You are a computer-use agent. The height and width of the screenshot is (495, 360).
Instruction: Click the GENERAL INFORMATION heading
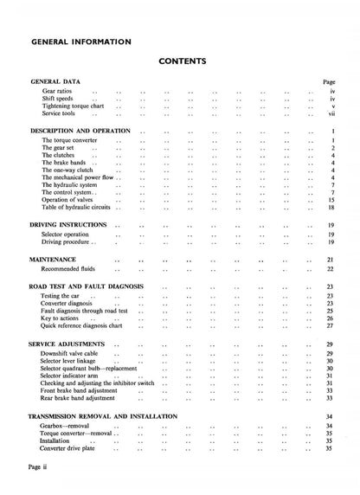80,41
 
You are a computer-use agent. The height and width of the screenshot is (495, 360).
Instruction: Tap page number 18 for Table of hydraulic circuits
331,209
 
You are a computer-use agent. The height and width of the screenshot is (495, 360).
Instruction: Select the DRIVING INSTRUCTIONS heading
68,225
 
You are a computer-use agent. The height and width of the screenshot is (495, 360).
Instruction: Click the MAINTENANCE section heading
53,260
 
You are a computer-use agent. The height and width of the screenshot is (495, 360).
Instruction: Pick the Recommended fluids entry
70,269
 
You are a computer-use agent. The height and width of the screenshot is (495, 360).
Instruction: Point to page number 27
331,326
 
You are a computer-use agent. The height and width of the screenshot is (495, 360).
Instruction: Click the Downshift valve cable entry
71,354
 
